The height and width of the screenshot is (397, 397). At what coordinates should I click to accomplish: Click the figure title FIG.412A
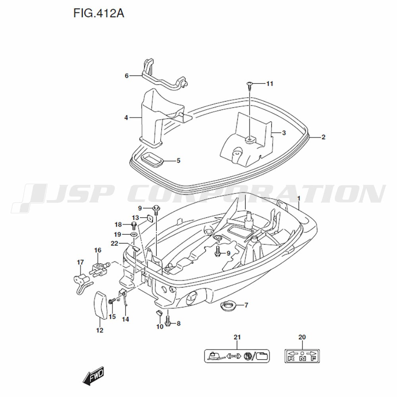[99, 13]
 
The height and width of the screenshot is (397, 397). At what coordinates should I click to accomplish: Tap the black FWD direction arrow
[93, 376]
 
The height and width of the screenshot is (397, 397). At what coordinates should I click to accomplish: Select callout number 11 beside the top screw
[270, 83]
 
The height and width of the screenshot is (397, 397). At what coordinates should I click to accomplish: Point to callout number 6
[127, 76]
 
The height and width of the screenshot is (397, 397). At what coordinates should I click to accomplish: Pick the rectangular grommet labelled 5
[151, 160]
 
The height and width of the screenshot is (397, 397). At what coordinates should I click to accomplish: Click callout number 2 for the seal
[323, 137]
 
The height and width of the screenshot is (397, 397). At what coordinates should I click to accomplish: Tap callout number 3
[284, 133]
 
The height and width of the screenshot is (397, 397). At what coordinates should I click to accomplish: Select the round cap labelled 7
[227, 306]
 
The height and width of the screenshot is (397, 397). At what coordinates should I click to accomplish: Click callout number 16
[98, 250]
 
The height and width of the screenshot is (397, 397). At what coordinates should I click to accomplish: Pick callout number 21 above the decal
[237, 337]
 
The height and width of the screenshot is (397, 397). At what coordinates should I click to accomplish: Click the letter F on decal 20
[313, 358]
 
